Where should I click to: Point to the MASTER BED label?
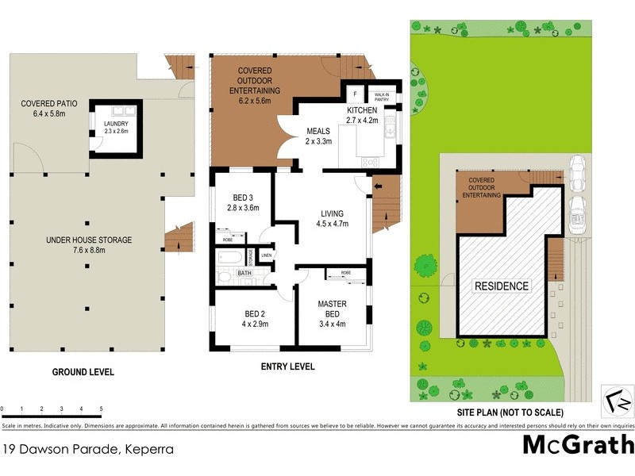click(x=333, y=309)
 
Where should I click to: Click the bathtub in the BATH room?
click(x=231, y=258)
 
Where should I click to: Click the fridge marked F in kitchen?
click(x=356, y=93)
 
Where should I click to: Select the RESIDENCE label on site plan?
click(x=501, y=286)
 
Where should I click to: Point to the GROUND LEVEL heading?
click(x=83, y=372)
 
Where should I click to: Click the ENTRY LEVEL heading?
click(x=287, y=367)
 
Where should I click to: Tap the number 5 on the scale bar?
click(x=101, y=409)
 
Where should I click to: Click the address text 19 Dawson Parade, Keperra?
click(x=87, y=449)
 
